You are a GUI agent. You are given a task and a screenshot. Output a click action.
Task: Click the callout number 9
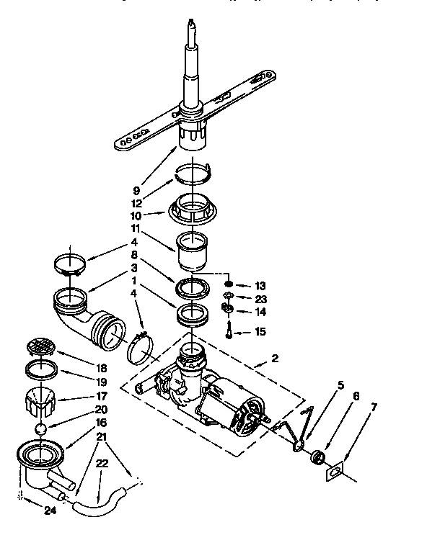(136, 191)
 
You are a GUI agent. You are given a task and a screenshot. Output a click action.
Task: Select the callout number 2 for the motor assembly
(275, 358)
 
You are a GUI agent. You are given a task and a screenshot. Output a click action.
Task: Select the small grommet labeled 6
(314, 457)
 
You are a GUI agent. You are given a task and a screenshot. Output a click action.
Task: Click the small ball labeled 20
(43, 428)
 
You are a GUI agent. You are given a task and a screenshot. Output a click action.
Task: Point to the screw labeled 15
(227, 331)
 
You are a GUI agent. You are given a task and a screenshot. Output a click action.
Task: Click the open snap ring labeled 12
(193, 171)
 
